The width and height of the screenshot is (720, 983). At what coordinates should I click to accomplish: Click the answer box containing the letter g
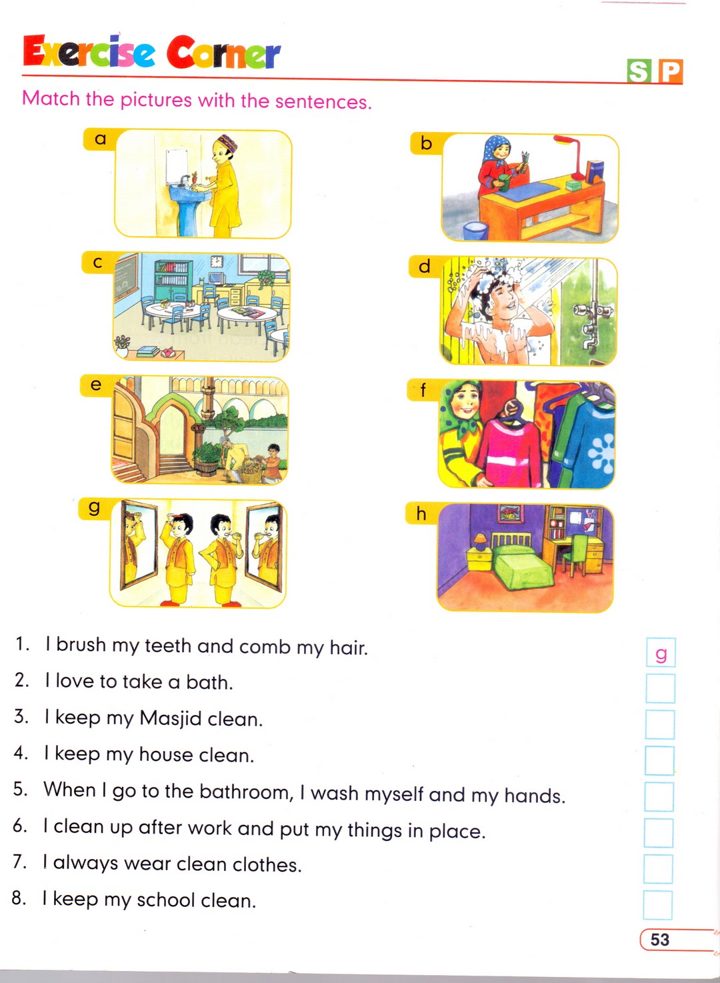pyautogui.click(x=661, y=652)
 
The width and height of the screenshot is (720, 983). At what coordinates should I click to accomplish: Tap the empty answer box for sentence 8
pyautogui.click(x=658, y=905)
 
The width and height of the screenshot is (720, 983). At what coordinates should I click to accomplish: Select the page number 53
pyautogui.click(x=659, y=940)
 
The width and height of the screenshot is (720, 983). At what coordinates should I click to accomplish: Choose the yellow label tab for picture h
pyautogui.click(x=421, y=513)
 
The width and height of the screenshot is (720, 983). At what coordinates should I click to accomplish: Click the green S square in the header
pyautogui.click(x=639, y=71)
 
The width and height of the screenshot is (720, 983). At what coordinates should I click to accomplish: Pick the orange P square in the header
pyautogui.click(x=669, y=71)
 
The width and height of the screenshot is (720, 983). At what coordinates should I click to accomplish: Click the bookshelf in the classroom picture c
pyautogui.click(x=173, y=280)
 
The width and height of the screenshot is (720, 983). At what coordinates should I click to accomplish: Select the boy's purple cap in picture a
pyautogui.click(x=228, y=143)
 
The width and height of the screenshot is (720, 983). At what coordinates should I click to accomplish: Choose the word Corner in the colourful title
pyautogui.click(x=223, y=53)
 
